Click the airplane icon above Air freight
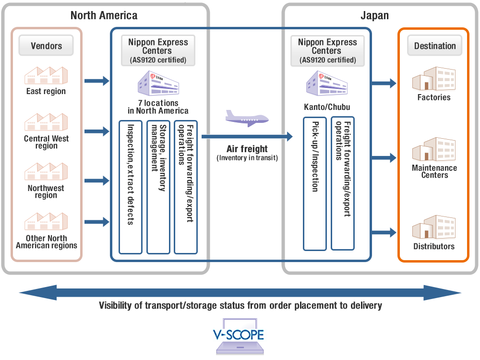[x=247, y=118]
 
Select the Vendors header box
[x=47, y=46]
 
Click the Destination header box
[x=435, y=46]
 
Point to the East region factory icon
[x=46, y=75]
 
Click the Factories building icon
[x=433, y=79]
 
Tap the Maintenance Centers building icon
[x=433, y=149]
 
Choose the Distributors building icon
[x=433, y=228]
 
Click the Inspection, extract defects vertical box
[x=131, y=187]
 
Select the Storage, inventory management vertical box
[x=158, y=187]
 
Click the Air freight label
[x=247, y=149]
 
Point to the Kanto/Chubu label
[x=327, y=106]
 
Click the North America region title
[x=104, y=15]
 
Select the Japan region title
[x=374, y=15]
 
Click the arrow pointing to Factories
[x=384, y=83]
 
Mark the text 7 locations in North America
[x=158, y=107]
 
